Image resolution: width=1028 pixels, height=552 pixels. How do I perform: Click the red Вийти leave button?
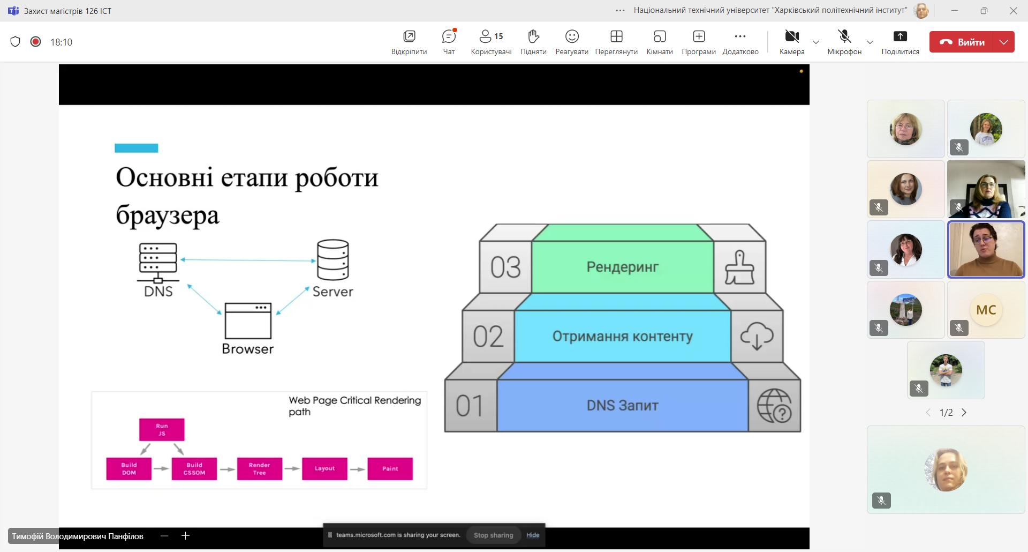[962, 42]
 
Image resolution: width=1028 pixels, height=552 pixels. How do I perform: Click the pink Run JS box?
[162, 430]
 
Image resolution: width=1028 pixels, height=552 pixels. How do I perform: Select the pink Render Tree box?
[259, 469]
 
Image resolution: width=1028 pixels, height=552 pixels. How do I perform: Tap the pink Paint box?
[390, 469]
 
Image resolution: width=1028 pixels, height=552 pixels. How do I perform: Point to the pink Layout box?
[324, 469]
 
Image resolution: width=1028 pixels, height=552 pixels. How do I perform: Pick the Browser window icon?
[248, 320]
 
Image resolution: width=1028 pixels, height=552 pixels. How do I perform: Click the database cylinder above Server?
[332, 260]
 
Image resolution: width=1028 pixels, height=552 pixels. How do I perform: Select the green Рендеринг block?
[622, 267]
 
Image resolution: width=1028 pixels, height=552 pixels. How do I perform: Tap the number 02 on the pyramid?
[488, 337]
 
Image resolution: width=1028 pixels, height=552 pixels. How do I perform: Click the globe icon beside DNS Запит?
[774, 406]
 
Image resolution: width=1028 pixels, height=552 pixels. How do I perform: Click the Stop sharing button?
[493, 535]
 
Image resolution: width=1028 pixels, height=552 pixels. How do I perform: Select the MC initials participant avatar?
[986, 310]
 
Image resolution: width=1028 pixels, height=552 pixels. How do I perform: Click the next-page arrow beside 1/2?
[964, 413]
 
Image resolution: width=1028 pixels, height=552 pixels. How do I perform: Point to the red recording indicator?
[36, 42]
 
